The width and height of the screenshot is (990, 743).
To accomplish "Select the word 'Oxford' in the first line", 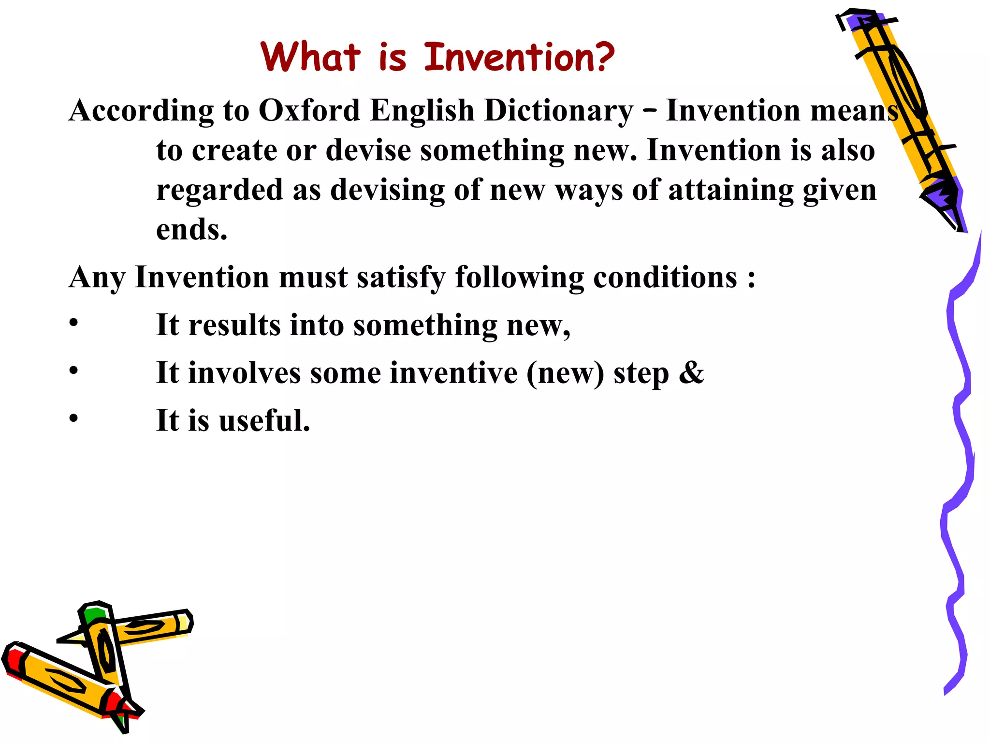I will pos(309,110).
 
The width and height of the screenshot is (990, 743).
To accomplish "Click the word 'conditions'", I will pos(665,278).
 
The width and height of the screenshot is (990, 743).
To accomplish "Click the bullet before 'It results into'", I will pos(73,322).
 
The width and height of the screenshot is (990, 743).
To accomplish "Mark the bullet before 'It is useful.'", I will pos(73,418).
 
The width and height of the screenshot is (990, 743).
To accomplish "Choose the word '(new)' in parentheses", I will pos(565,373).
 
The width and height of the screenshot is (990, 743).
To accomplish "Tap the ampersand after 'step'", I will pos(691,373).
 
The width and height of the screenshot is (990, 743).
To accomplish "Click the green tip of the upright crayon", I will pos(93,615).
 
